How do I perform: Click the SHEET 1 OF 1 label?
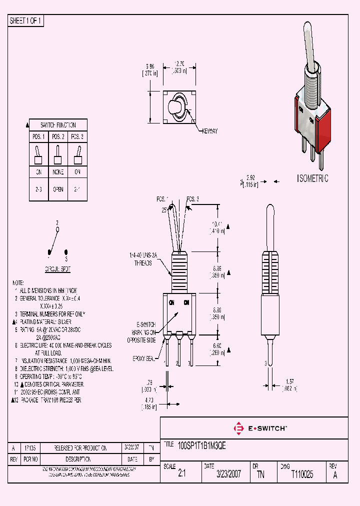pos(26,21)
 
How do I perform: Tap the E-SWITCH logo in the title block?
pos(260,428)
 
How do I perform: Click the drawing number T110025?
pos(302,474)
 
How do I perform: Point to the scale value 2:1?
pos(182,474)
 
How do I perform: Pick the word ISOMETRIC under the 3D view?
pos(312,178)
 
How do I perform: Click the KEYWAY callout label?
pos(210,131)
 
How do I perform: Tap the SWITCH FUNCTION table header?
pos(58,124)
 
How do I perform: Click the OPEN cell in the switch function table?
pos(58,190)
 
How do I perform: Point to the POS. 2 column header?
pos(58,136)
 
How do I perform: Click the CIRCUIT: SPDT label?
pos(57,268)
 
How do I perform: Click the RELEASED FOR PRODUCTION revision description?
pos(80,448)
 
